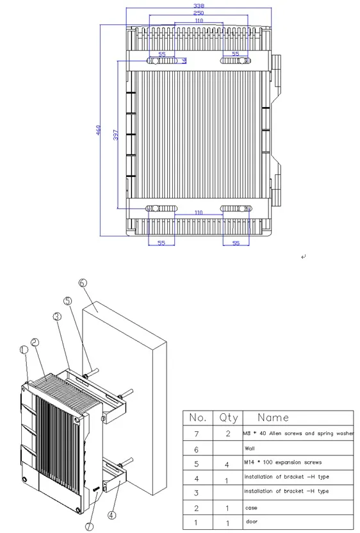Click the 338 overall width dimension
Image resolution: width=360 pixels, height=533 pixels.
click(199, 6)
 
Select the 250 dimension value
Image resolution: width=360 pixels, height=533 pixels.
click(199, 13)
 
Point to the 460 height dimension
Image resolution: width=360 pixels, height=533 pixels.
click(99, 130)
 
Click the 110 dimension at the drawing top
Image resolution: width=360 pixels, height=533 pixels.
click(199, 21)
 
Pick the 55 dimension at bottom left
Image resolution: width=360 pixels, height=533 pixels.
click(161, 243)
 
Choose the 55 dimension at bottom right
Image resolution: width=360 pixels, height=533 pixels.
click(236, 243)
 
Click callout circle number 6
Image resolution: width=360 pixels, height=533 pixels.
click(82, 283)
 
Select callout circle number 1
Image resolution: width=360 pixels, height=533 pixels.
click(23, 350)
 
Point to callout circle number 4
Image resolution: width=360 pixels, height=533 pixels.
click(112, 514)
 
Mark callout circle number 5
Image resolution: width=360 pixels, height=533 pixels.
click(68, 300)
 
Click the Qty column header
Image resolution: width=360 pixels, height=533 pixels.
click(228, 418)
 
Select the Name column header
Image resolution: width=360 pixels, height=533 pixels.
click(274, 418)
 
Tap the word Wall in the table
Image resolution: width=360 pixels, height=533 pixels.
click(250, 448)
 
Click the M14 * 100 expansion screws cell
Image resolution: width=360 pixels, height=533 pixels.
click(282, 462)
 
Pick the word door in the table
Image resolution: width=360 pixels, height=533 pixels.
click(251, 521)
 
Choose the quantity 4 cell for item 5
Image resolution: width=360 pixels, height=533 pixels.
click(228, 463)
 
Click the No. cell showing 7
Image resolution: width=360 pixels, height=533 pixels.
click(198, 434)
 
